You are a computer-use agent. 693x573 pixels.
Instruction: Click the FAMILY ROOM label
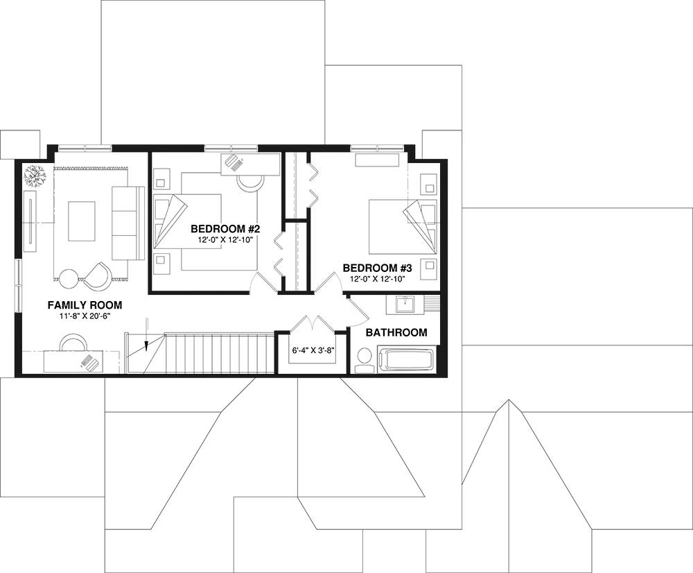click(x=85, y=305)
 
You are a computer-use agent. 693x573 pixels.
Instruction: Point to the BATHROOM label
click(x=396, y=332)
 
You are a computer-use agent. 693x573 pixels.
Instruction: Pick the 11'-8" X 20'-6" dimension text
click(x=85, y=317)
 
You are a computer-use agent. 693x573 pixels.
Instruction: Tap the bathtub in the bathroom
click(x=409, y=359)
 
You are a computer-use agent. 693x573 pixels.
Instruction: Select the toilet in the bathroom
click(x=365, y=359)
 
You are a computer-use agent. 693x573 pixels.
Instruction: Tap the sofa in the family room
click(x=126, y=222)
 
